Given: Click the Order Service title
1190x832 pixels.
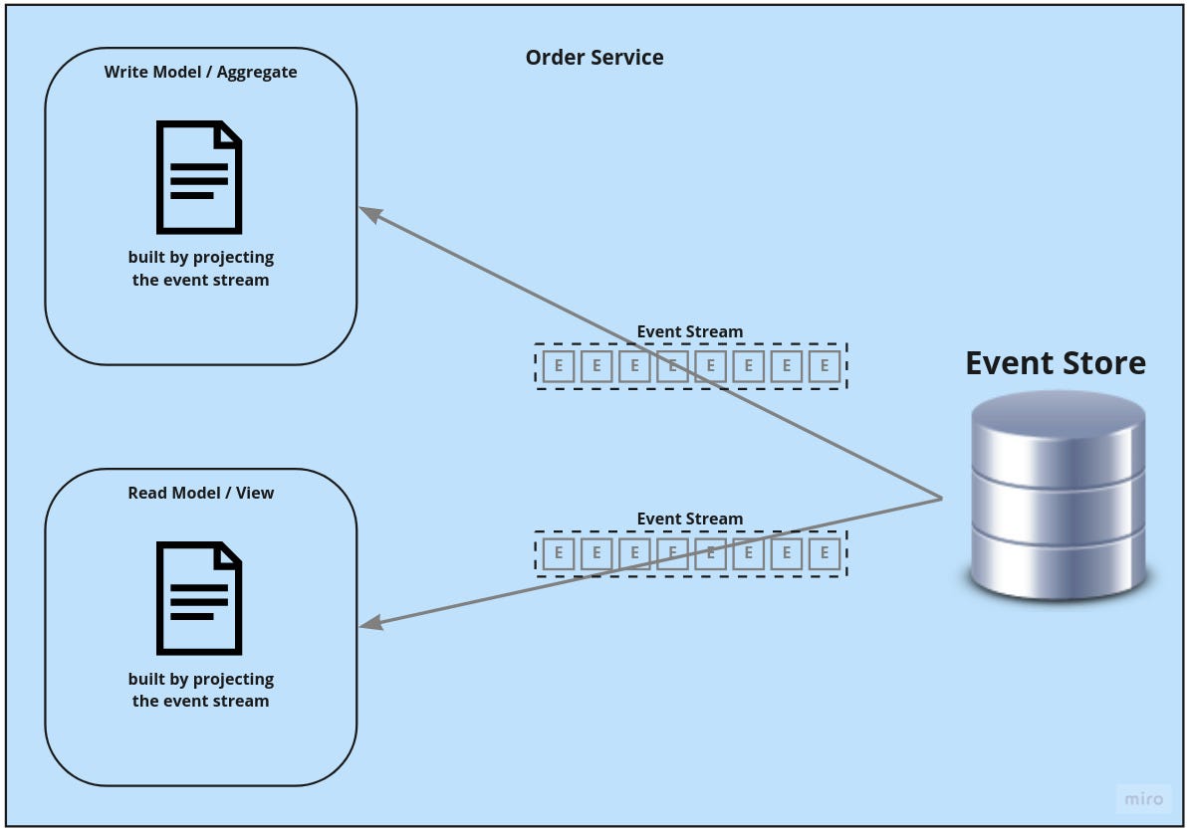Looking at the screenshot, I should [595, 58].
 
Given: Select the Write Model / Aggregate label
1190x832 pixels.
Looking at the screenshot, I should [200, 72].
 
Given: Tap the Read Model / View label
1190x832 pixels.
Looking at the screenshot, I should [200, 493].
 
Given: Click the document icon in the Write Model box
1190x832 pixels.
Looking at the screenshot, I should [199, 177].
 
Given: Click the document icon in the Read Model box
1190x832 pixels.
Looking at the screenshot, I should [199, 598].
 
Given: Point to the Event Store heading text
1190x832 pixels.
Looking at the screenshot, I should [1056, 362].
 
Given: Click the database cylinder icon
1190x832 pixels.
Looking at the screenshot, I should [1057, 495].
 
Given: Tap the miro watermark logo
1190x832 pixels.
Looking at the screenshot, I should [1143, 799].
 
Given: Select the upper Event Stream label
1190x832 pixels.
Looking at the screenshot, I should [690, 331].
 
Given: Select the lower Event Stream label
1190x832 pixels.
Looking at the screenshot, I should [690, 519].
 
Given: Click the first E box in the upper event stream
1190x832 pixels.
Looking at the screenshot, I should [558, 366].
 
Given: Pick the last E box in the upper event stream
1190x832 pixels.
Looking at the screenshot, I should [825, 366].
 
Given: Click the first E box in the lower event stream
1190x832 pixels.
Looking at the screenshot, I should [558, 552].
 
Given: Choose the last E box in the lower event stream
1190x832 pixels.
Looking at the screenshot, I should [825, 552].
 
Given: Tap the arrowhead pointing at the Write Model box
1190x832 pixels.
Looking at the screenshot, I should [368, 212].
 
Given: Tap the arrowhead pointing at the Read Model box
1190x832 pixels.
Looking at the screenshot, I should [369, 624].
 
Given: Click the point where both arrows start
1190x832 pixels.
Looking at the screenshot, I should [942, 498].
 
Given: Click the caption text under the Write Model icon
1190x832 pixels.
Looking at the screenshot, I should [200, 269].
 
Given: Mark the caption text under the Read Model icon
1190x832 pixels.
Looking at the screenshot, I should [200, 690].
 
